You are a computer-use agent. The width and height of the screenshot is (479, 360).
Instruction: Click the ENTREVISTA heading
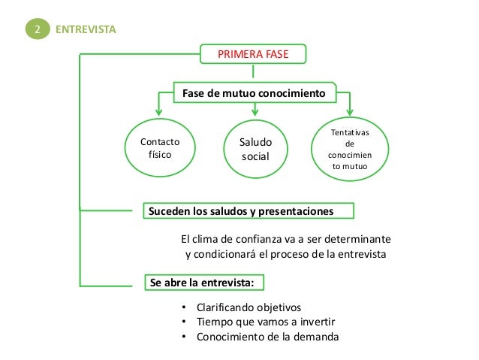(x=86, y=29)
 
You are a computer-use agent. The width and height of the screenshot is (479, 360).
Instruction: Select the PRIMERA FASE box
(x=252, y=54)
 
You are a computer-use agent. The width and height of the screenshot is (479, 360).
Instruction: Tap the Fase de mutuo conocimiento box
(x=253, y=93)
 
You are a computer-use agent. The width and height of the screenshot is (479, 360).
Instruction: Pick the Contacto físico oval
(x=159, y=146)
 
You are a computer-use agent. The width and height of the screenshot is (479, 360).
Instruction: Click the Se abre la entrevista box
(x=203, y=282)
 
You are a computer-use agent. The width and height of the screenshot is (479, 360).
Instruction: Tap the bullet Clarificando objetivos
(x=248, y=308)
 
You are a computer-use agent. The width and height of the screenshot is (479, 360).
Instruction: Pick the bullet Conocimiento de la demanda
(x=267, y=337)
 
